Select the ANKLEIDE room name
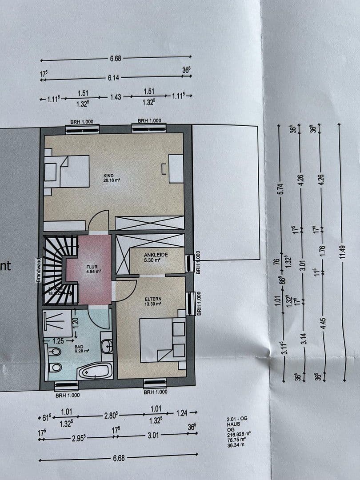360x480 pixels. [155, 255]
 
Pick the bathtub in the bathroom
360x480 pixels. [95, 370]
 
